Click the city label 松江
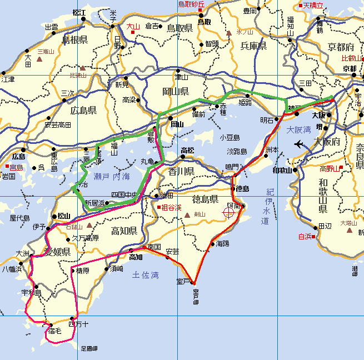pyautogui.click(x=79, y=12)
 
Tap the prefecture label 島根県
pyautogui.click(x=75, y=40)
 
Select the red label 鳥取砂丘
pyautogui.click(x=192, y=4)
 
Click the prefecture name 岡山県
pyautogui.click(x=176, y=91)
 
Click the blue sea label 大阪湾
pyautogui.click(x=299, y=131)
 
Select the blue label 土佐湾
pyautogui.click(x=146, y=274)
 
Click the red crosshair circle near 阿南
pyautogui.click(x=229, y=212)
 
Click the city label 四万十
pyautogui.click(x=78, y=323)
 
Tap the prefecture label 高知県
pyautogui.click(x=123, y=231)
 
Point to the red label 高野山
pyautogui.click(x=332, y=169)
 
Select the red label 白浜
pyautogui.click(x=306, y=236)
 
